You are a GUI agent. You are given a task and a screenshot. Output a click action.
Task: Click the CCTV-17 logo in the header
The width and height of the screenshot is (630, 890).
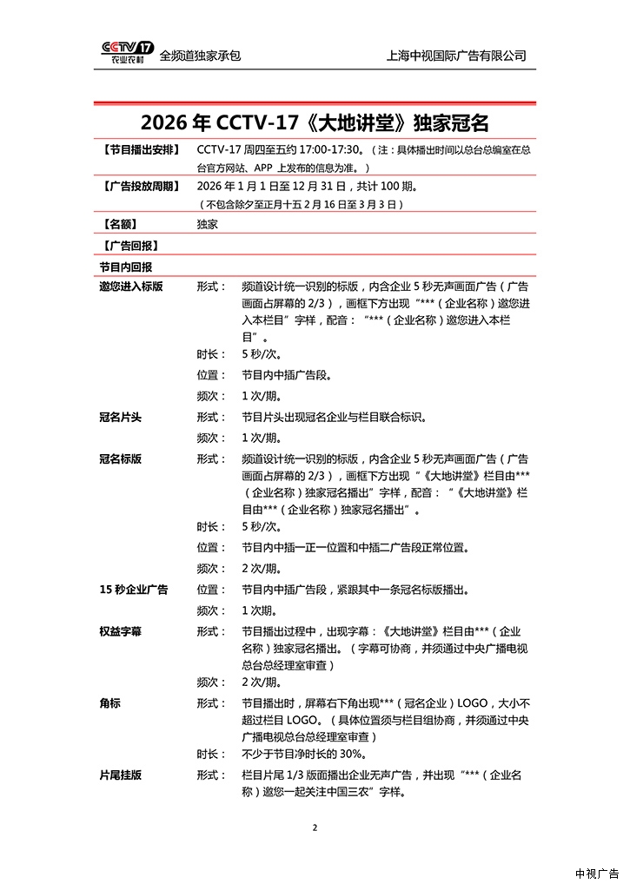pyautogui.click(x=127, y=52)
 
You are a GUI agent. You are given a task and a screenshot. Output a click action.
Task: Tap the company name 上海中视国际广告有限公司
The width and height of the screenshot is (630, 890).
pyautogui.click(x=456, y=56)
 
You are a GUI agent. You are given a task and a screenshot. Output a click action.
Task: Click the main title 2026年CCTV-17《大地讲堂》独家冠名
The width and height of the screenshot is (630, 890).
pyautogui.click(x=314, y=121)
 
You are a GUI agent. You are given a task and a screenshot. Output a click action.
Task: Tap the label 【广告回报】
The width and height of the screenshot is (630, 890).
pyautogui.click(x=129, y=246)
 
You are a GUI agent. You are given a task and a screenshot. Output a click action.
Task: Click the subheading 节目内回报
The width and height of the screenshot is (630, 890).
pyautogui.click(x=126, y=267)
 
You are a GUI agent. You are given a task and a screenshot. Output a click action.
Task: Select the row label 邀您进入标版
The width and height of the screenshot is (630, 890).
pyautogui.click(x=131, y=287)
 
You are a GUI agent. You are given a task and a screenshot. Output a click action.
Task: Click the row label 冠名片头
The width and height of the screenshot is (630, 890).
pyautogui.click(x=121, y=418)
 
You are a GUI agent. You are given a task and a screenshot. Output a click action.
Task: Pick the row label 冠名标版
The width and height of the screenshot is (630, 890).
pyautogui.click(x=121, y=458)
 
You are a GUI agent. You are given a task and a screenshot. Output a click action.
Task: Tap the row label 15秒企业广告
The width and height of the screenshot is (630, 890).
pyautogui.click(x=134, y=590)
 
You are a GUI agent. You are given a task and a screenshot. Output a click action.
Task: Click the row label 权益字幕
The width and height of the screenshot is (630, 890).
pyautogui.click(x=121, y=631)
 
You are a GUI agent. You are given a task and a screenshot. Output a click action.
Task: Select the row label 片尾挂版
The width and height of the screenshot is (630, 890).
pyautogui.click(x=121, y=775)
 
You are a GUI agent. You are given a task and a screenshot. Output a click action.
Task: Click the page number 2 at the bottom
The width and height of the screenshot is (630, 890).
pyautogui.click(x=315, y=827)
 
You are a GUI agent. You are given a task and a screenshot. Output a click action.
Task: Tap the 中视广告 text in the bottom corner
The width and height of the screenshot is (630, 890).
pyautogui.click(x=597, y=874)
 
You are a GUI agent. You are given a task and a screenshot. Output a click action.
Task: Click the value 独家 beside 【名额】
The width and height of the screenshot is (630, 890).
pyautogui.click(x=207, y=224)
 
